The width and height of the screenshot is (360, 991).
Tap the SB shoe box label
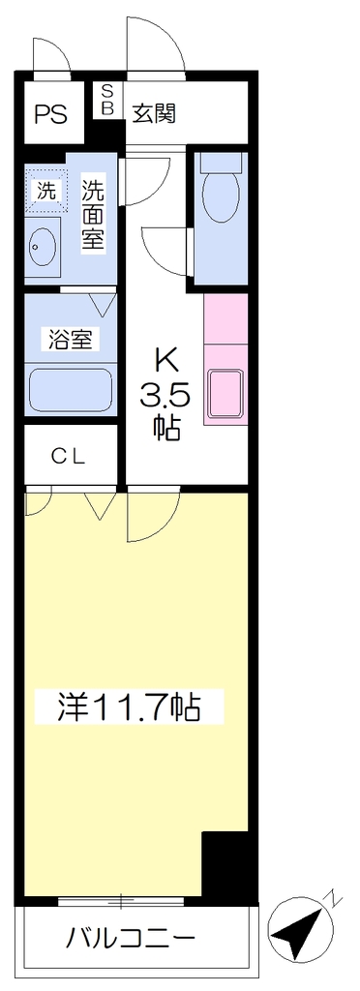107,100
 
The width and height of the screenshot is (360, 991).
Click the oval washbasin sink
43,247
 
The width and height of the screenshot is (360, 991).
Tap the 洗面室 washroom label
93,216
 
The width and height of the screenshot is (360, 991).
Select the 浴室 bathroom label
71,340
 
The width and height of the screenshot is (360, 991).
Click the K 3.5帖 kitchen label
165,393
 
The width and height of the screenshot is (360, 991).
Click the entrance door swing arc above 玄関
156,45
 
